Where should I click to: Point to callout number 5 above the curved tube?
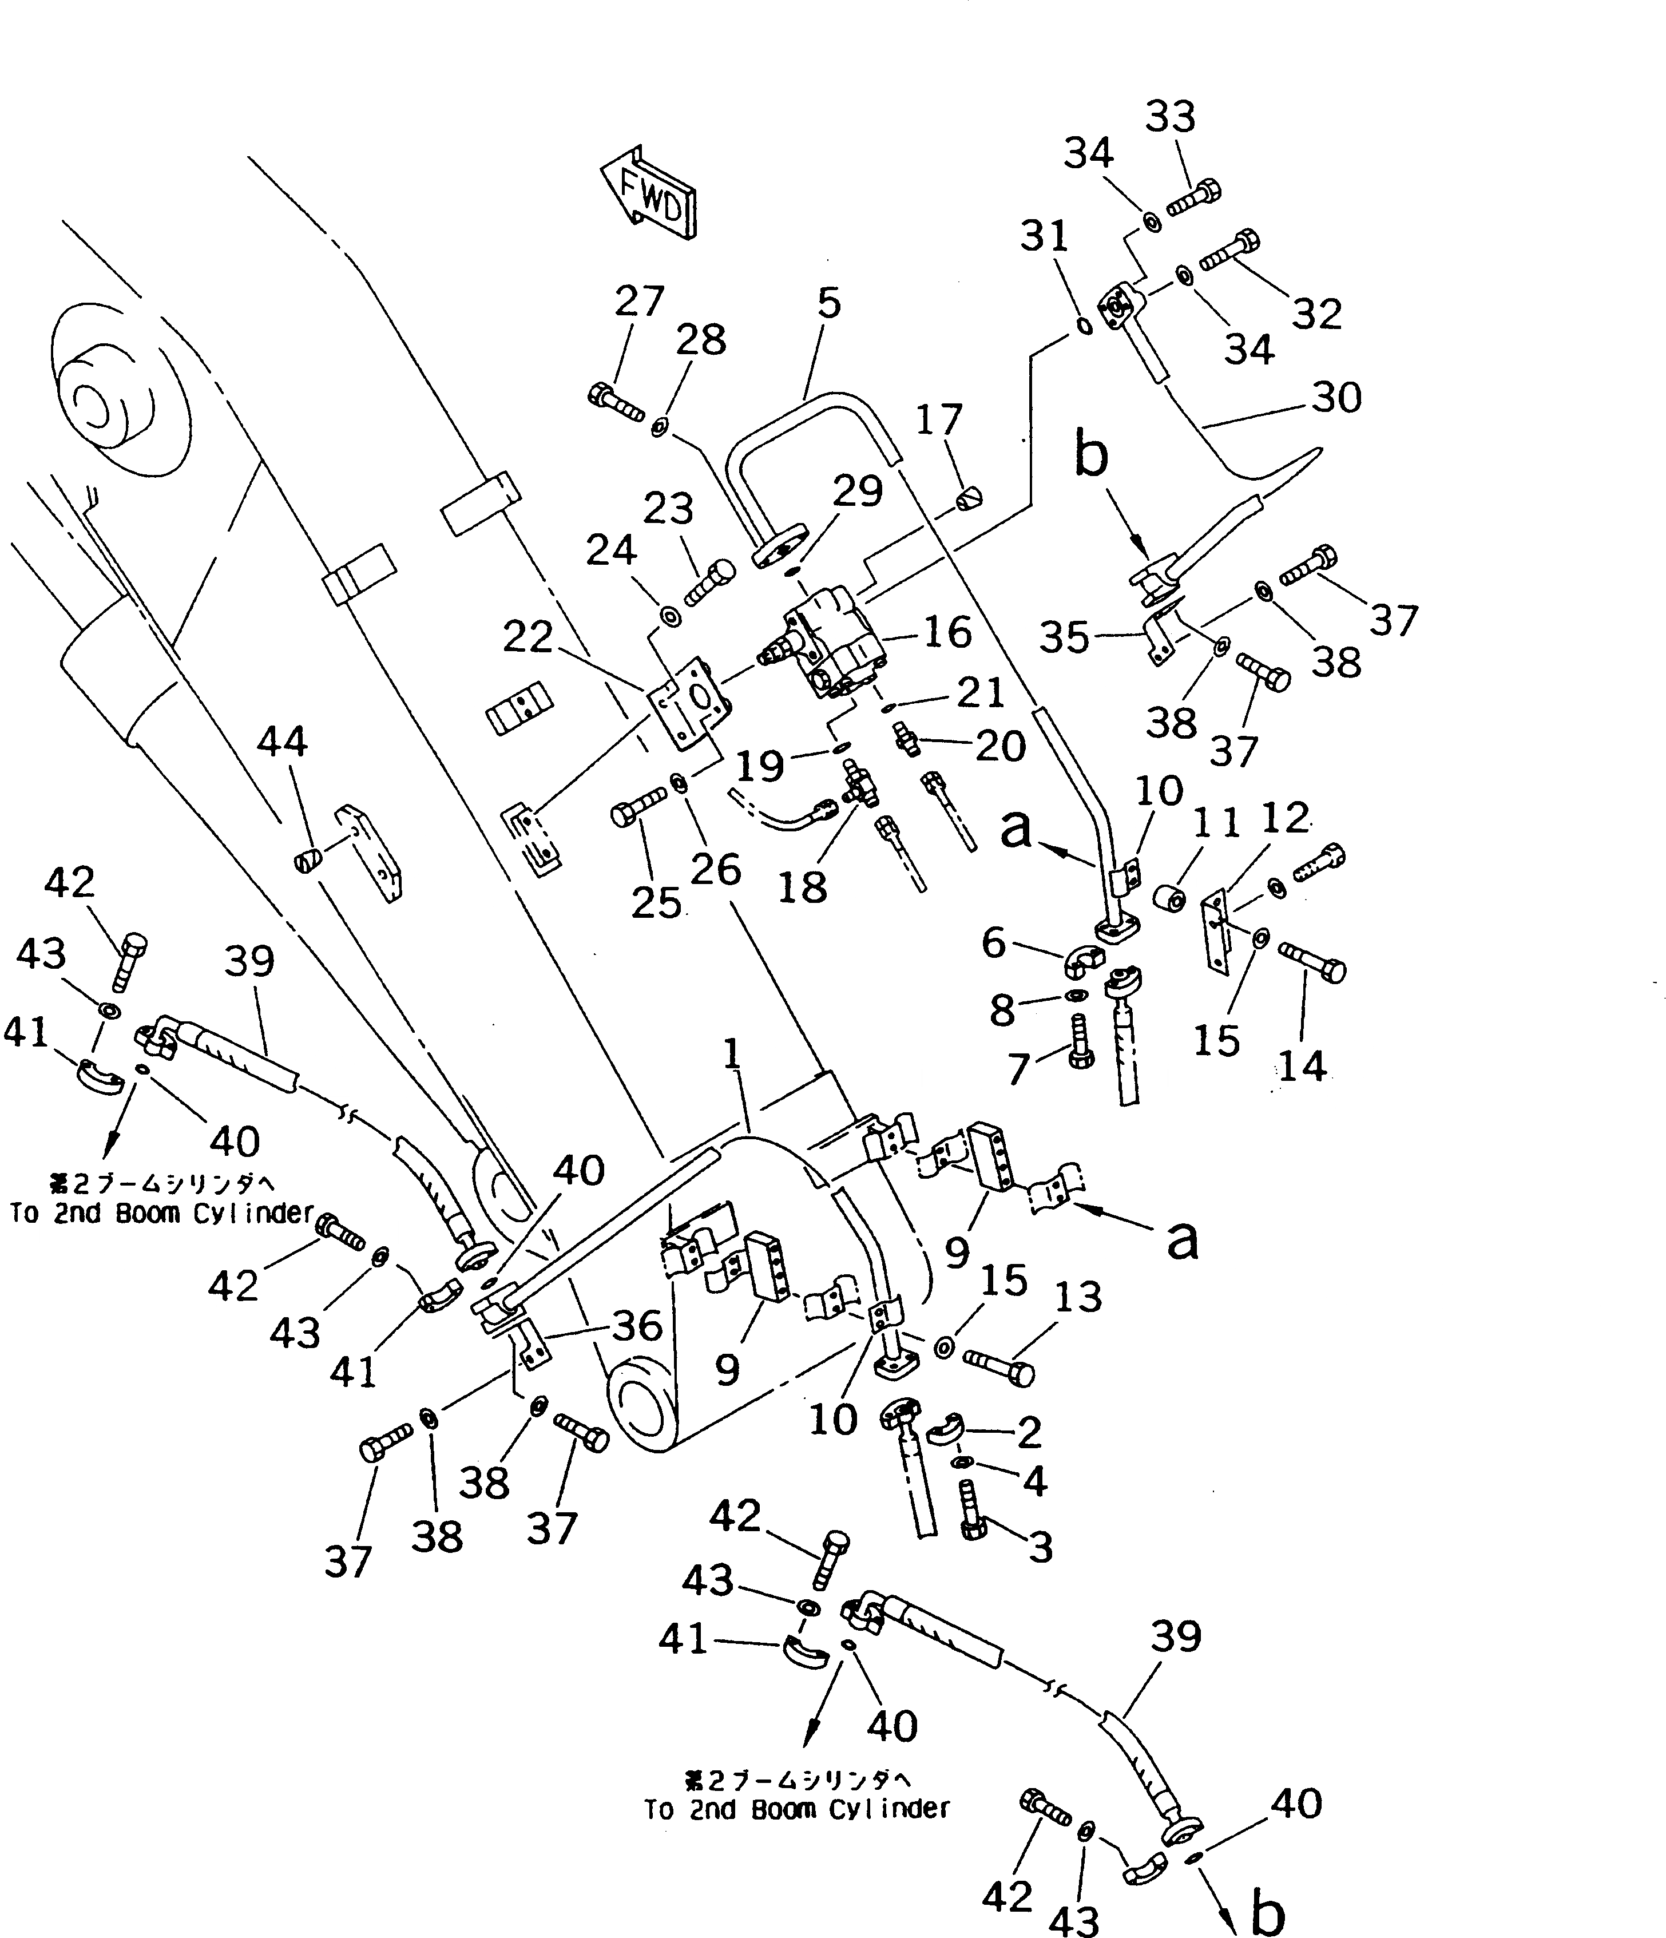[x=828, y=302]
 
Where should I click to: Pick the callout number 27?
[x=639, y=301]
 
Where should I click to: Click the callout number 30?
[x=1336, y=398]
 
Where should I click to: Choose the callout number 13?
[x=1078, y=1297]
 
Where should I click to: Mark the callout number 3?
[x=1040, y=1547]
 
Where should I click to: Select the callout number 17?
[x=938, y=420]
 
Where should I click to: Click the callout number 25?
[x=655, y=902]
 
